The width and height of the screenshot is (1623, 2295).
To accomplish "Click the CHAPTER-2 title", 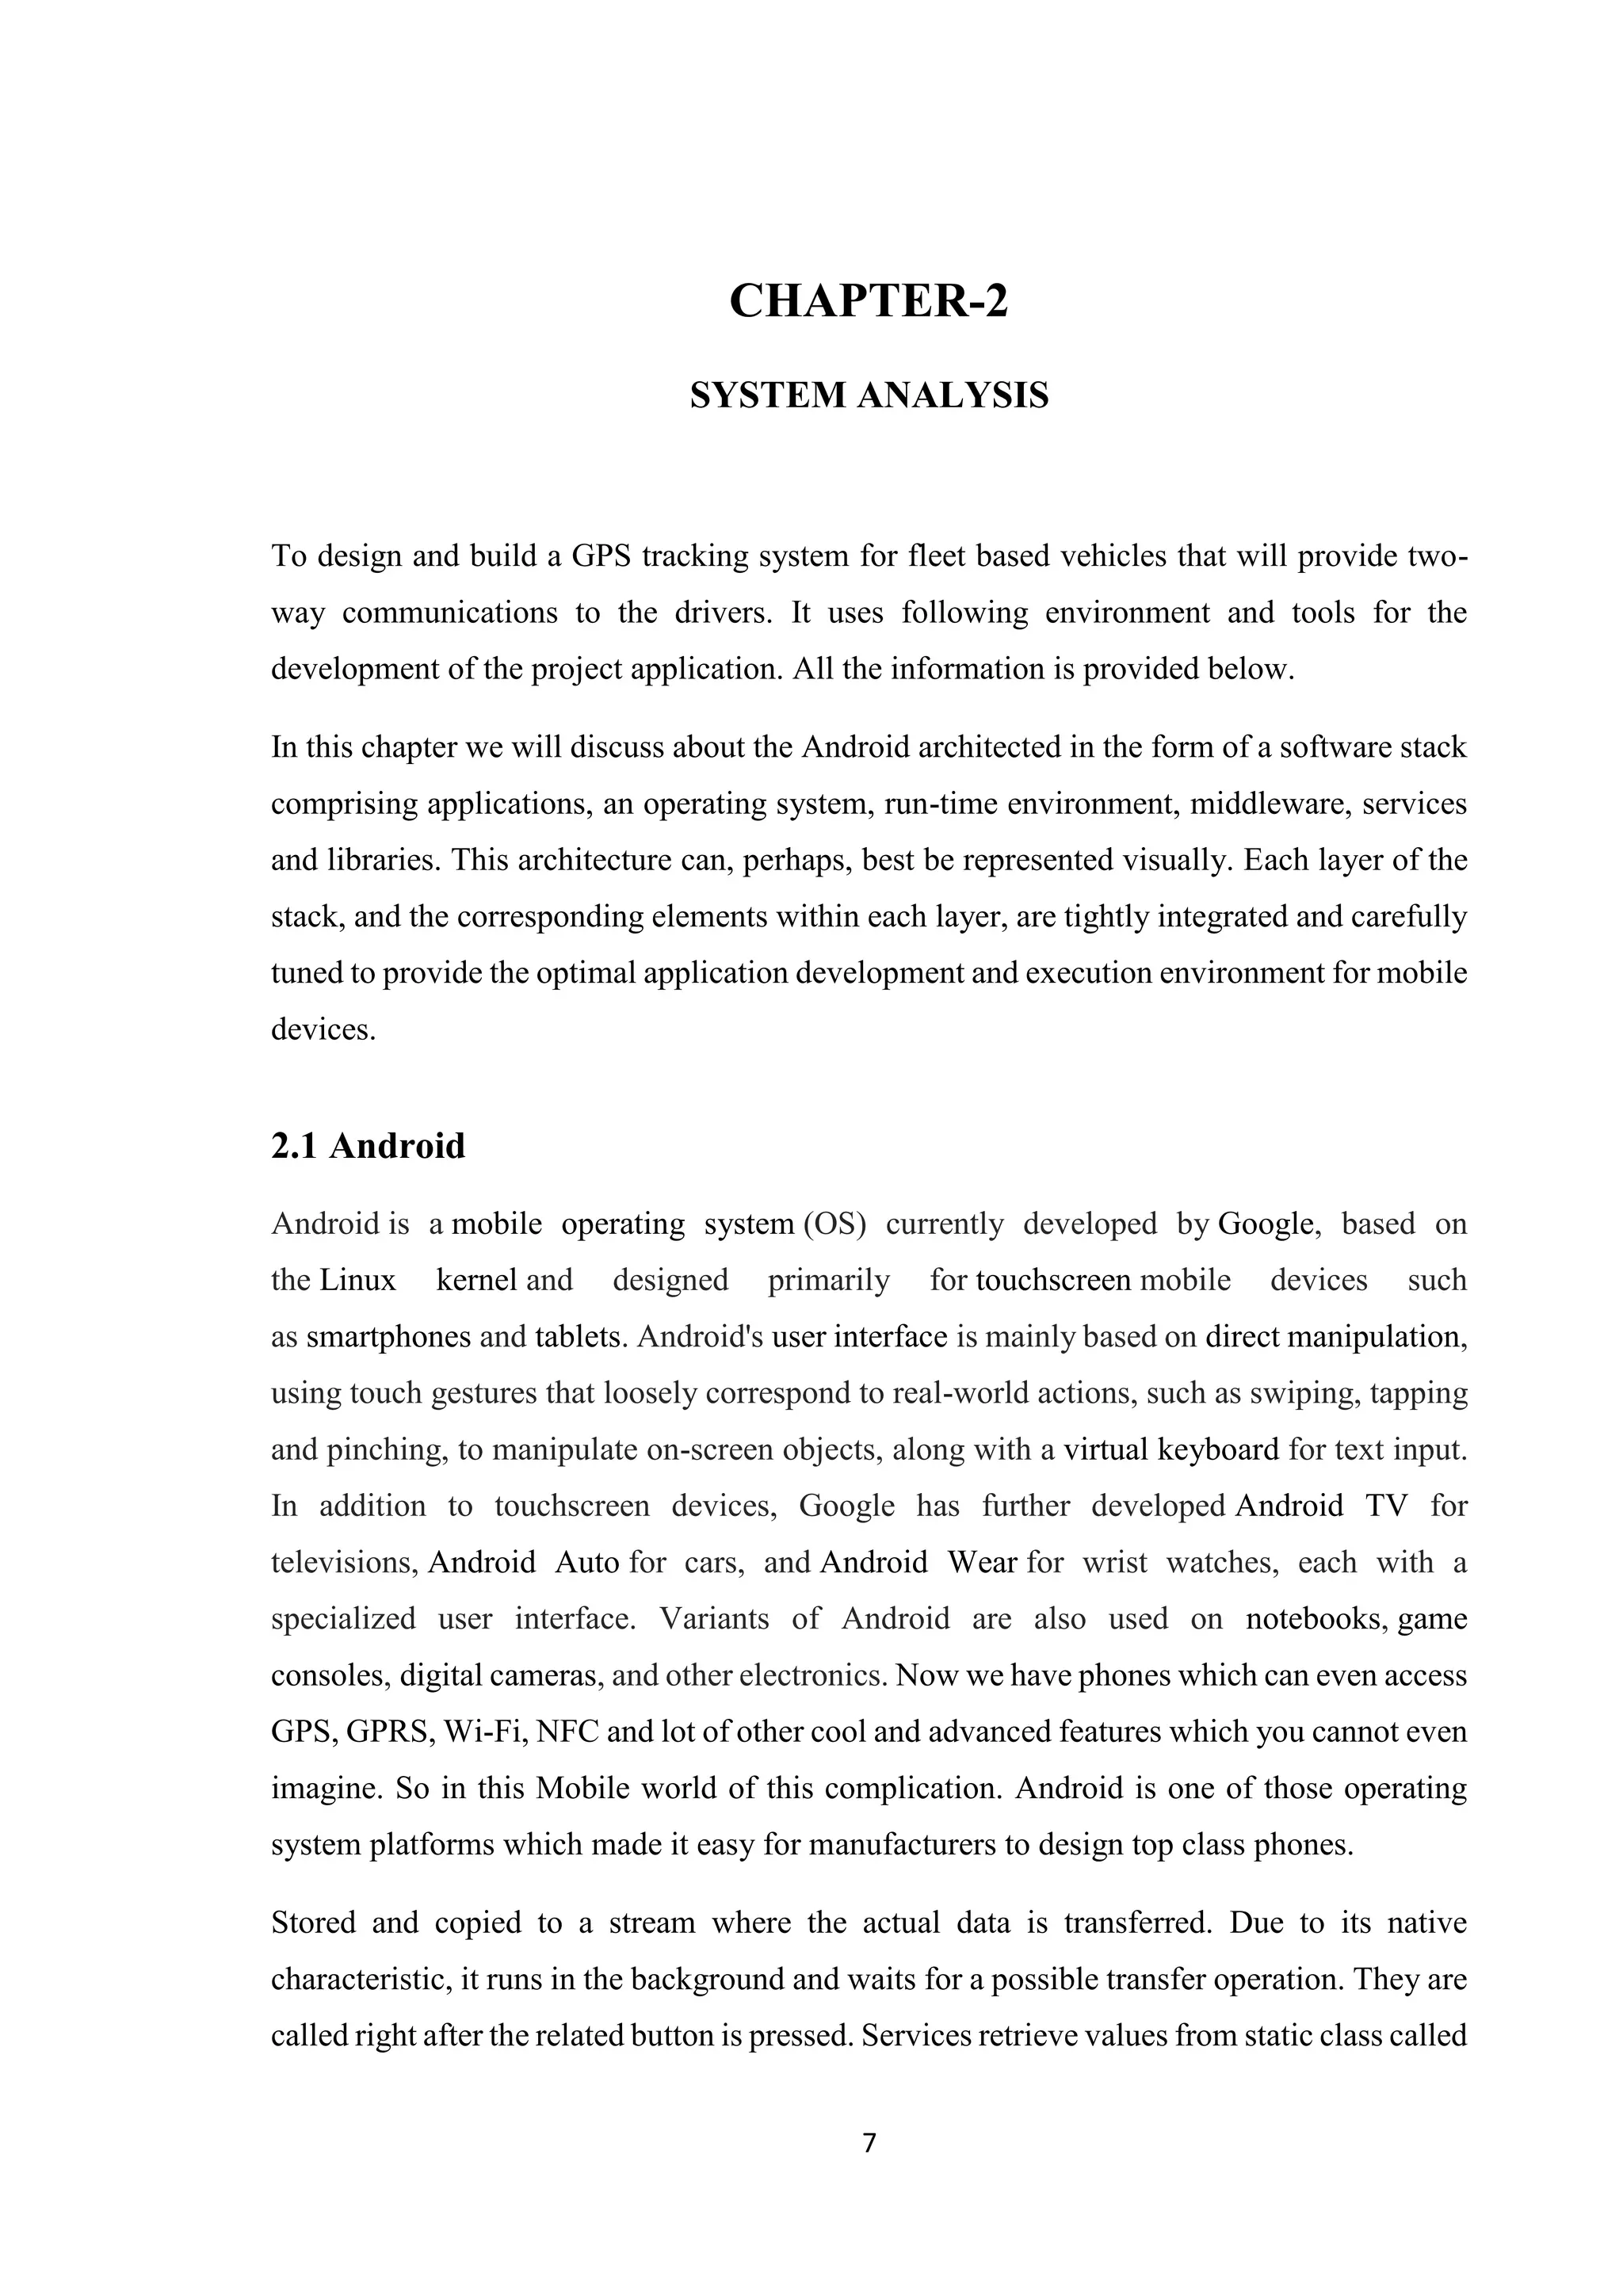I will click(869, 302).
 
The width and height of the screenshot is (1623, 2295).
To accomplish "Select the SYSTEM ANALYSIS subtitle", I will click(869, 395).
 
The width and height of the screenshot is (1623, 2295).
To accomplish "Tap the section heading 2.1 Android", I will click(368, 1145).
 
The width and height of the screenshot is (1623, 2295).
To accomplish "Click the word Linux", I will click(357, 1279).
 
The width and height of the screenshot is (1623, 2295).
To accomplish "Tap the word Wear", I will click(983, 1562).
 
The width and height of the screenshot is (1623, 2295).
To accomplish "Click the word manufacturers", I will click(903, 1844).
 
